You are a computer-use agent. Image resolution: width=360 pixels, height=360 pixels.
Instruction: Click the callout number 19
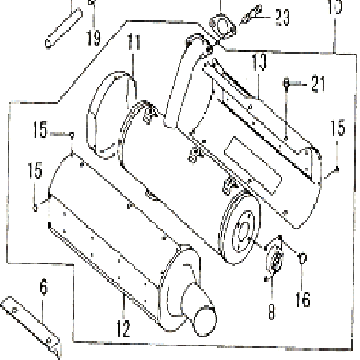94,38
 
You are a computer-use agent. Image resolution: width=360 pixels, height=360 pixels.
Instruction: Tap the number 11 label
134,42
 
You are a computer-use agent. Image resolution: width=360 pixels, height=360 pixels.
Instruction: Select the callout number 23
282,17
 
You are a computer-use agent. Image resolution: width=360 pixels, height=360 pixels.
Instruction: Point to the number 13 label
259,62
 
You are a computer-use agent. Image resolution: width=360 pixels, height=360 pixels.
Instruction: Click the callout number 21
318,84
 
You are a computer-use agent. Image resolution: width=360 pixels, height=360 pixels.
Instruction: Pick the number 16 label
302,300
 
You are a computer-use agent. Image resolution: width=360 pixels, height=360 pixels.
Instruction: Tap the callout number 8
271,312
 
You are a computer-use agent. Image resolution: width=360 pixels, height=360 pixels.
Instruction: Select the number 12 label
123,328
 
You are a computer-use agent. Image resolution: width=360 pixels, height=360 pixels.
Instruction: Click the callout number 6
43,287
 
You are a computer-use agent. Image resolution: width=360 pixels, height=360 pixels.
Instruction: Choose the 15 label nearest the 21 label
338,127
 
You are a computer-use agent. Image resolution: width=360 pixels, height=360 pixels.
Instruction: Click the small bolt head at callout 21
286,84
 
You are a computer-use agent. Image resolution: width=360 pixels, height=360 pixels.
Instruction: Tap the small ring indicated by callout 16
302,259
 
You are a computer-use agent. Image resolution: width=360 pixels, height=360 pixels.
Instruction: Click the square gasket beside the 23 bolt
222,26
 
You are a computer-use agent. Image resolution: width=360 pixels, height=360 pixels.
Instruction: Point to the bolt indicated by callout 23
251,14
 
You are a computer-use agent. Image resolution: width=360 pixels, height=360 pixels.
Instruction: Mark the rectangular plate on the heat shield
253,166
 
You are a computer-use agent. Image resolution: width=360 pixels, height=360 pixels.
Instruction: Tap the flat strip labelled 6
30,326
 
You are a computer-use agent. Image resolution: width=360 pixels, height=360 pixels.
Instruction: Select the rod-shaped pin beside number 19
63,28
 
